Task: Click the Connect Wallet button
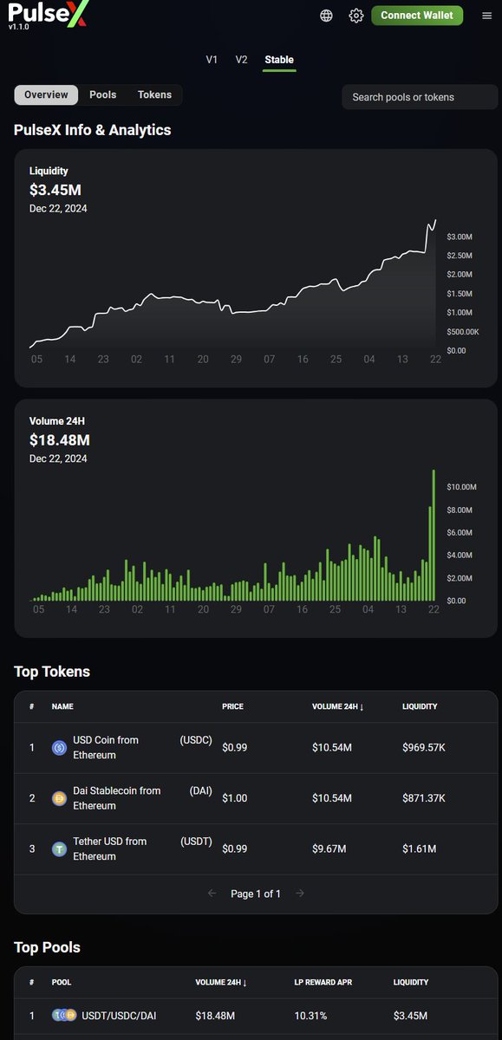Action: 417,16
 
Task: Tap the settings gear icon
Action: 355,16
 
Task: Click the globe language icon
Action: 326,16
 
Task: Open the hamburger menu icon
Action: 486,16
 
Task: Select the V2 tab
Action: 241,60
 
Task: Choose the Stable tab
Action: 279,60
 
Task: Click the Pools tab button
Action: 103,95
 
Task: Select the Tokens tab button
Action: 154,95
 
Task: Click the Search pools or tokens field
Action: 420,97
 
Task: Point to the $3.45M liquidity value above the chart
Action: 55,190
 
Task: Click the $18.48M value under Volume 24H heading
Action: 59,440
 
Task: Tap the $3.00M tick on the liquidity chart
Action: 460,237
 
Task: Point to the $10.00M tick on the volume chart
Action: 461,487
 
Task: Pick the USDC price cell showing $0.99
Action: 235,748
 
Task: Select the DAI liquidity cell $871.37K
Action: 425,798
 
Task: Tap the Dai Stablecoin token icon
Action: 59,798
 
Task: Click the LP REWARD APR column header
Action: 323,983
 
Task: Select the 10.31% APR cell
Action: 311,1016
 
